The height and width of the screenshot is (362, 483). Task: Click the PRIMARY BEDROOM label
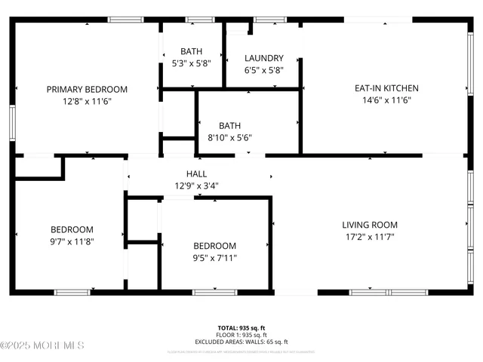click(x=87, y=89)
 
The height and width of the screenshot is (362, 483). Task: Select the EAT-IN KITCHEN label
click(x=386, y=88)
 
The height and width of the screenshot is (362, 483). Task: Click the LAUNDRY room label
click(x=264, y=58)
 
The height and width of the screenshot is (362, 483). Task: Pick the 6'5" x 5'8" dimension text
click(x=264, y=70)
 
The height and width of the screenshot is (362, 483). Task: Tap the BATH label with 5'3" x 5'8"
click(x=191, y=51)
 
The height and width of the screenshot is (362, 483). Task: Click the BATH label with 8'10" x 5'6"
click(x=229, y=125)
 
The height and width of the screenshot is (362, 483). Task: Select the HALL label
click(x=196, y=173)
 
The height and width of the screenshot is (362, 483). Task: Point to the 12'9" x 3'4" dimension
click(x=196, y=186)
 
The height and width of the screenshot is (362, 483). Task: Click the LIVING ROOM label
click(x=369, y=225)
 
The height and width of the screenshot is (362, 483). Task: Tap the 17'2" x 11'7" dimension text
click(x=369, y=237)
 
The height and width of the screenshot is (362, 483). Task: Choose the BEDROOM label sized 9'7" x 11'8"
click(x=72, y=230)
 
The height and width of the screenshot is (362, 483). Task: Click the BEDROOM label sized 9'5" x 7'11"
click(x=214, y=246)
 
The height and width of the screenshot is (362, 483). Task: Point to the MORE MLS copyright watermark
click(x=43, y=345)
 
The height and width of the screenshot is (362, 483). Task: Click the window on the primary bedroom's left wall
click(x=12, y=121)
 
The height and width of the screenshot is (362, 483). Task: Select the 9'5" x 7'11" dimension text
click(x=214, y=258)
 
